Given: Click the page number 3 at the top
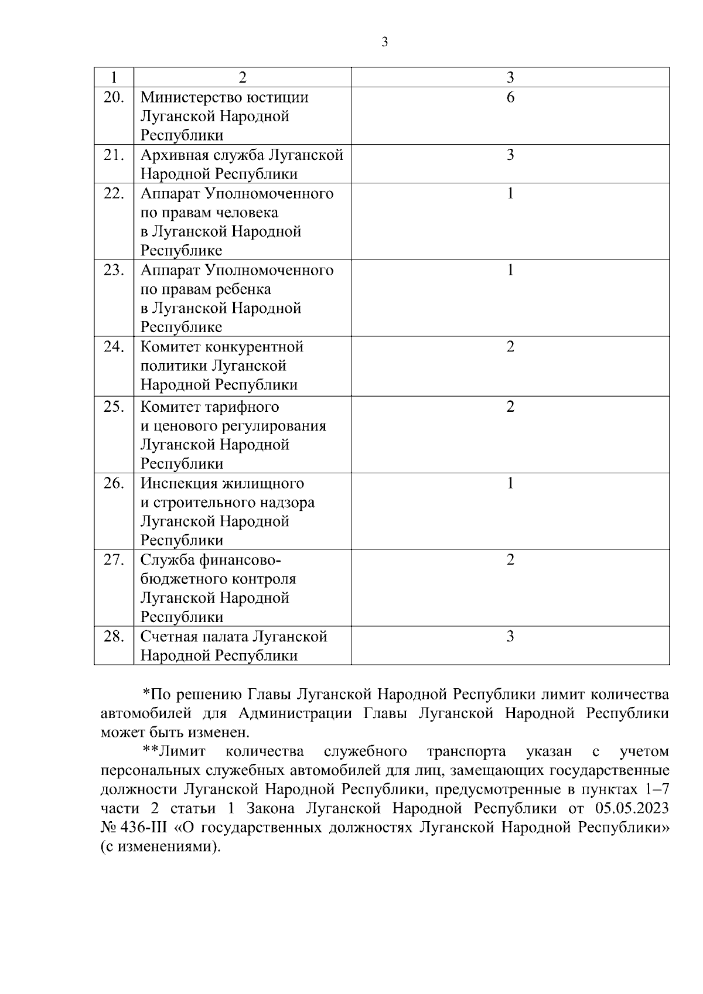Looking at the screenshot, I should click(384, 42).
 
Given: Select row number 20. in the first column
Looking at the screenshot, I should click(114, 97).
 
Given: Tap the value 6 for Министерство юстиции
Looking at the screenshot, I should click(510, 97).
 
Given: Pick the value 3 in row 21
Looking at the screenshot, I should click(510, 155).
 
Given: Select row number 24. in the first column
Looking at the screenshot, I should click(114, 347).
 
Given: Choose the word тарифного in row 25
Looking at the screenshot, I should click(241, 407).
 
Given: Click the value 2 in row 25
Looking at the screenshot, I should click(510, 407).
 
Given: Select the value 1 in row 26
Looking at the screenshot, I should click(510, 483).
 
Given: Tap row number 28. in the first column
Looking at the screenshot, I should click(114, 637).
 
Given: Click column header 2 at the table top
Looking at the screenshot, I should click(243, 77).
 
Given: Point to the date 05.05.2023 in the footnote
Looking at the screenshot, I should click(632, 809).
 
